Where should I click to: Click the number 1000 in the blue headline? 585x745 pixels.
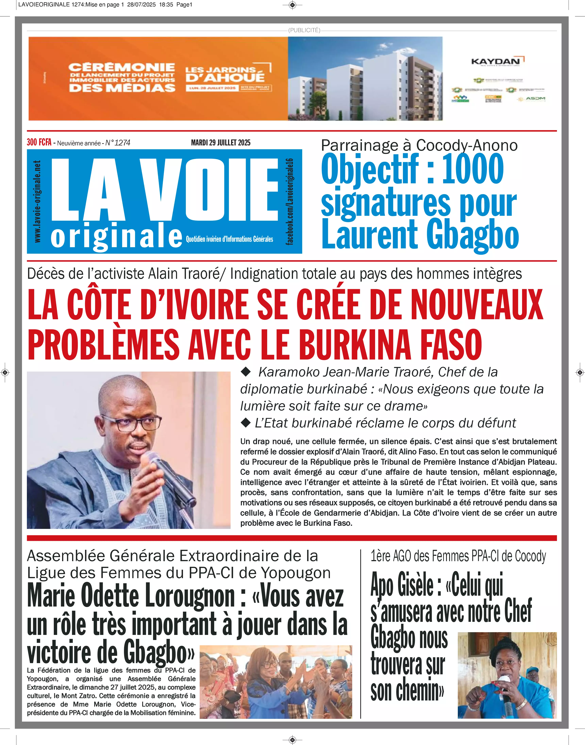(473, 169)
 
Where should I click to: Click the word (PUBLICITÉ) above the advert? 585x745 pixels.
(304, 30)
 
